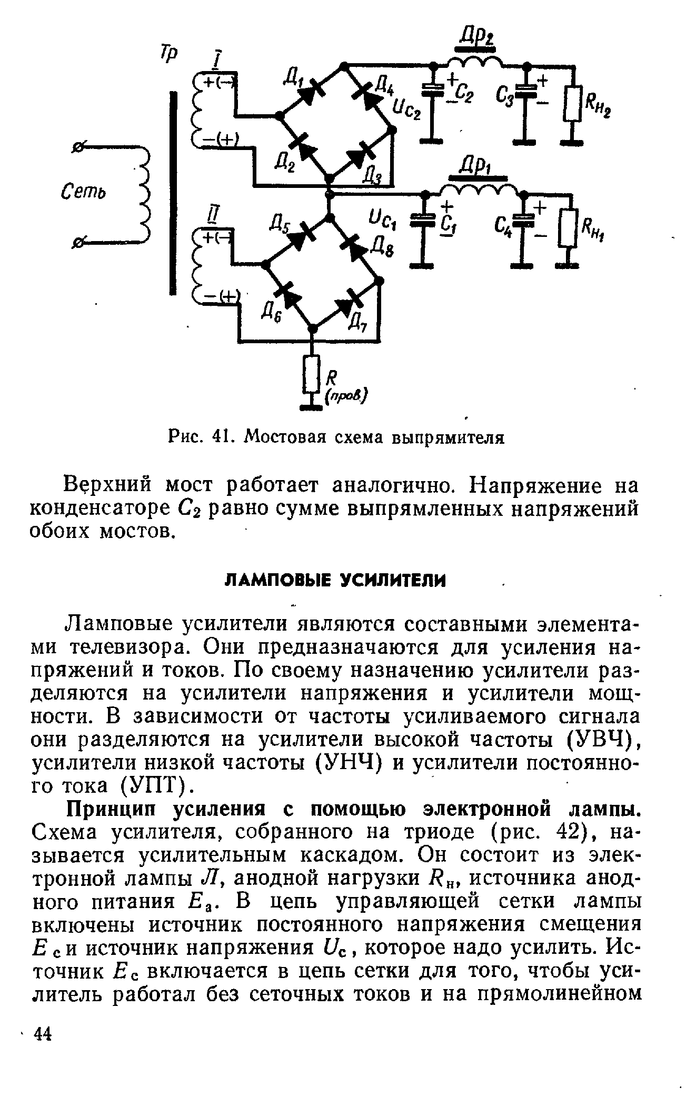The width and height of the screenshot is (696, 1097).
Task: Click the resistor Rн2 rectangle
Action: point(573,104)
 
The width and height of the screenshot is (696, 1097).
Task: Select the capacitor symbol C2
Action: point(433,92)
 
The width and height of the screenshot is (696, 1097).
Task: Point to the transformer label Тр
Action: point(170,53)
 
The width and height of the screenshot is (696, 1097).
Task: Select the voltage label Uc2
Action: point(406,110)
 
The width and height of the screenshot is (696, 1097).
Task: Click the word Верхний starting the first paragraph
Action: point(108,485)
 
